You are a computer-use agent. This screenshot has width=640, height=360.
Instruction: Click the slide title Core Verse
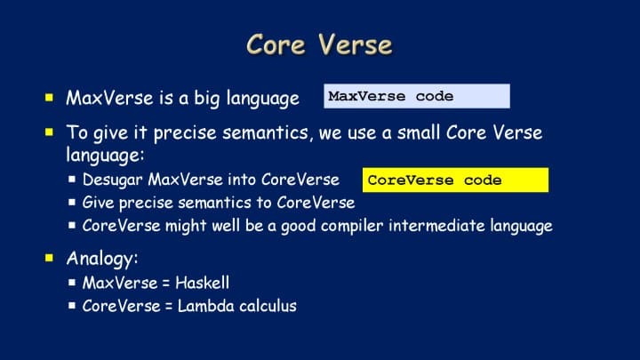pos(319,44)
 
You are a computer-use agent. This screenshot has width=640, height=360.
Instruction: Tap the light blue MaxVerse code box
pos(417,96)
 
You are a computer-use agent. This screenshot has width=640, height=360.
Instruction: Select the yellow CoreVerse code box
pos(455,180)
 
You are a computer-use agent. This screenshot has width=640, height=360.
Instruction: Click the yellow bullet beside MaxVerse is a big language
pos(50,98)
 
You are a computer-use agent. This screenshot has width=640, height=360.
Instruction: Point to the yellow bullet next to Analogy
pos(50,258)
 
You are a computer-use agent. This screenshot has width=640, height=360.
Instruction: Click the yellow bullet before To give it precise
pos(50,132)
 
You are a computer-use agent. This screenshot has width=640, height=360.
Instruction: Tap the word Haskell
pos(203,283)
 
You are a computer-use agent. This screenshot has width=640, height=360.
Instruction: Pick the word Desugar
pos(113,180)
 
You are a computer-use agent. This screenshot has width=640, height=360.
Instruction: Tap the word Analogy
pos(102,259)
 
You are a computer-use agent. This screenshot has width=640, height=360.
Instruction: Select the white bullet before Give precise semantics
pos(72,202)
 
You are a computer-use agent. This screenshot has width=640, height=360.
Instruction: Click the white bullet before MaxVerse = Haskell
pos(72,282)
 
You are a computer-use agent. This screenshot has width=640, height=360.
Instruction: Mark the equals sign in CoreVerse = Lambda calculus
pos(169,307)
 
